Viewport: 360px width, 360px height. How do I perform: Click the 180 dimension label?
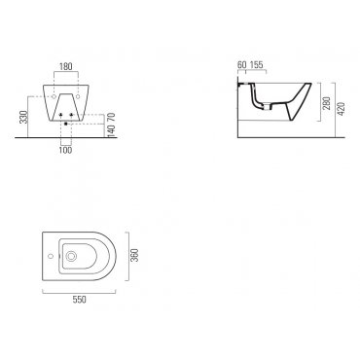66,66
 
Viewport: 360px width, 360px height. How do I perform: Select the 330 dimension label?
23,117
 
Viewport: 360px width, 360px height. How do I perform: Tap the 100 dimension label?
66,150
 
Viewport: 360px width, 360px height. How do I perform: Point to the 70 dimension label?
111,117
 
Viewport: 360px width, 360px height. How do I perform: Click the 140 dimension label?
111,130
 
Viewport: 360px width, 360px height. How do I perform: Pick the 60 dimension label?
242,64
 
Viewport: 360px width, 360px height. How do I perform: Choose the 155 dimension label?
257,64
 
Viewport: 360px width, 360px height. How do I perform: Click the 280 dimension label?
328,103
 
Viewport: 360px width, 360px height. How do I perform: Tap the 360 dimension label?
134,255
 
